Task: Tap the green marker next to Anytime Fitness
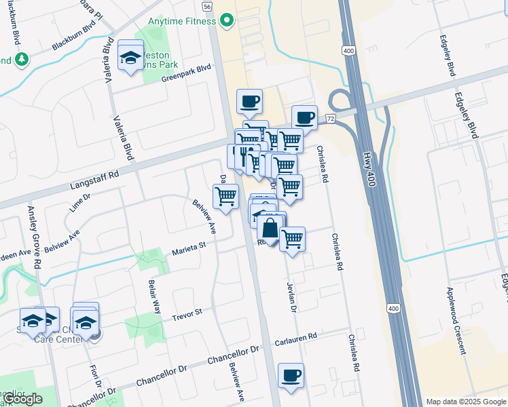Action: [228, 20]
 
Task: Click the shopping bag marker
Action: [270, 229]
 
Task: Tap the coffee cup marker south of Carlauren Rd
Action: [291, 376]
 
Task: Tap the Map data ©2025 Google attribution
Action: [466, 402]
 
